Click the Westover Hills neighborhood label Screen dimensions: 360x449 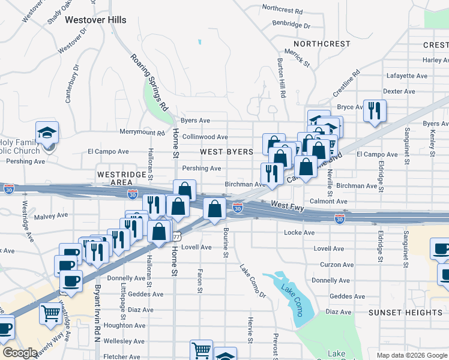[95, 20]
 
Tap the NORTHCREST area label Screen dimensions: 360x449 [322, 44]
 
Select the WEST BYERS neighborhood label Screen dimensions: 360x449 [227, 152]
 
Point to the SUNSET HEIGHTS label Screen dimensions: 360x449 [405, 313]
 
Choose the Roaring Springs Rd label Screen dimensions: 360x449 [149, 82]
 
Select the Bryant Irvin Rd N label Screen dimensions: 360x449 [97, 311]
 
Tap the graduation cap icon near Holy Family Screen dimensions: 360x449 [47, 132]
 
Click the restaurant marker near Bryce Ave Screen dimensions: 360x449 [375, 110]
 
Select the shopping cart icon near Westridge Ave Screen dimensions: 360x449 [50, 312]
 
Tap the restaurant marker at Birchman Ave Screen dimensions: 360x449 [272, 173]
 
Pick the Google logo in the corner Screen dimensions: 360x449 [19, 353]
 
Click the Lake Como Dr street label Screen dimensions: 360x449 [253, 281]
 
